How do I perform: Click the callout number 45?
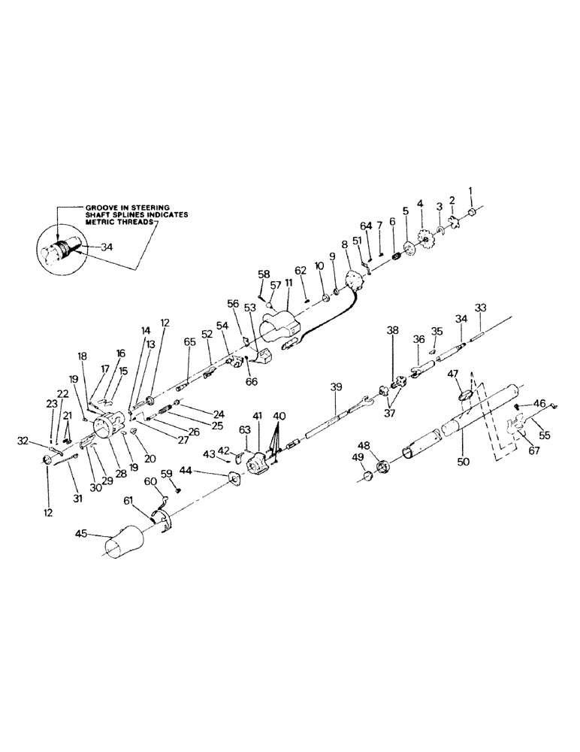[x=82, y=535]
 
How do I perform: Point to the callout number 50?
[x=463, y=462]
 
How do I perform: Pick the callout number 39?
[x=336, y=386]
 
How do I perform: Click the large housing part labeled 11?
[x=279, y=329]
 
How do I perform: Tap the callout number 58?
[x=264, y=274]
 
